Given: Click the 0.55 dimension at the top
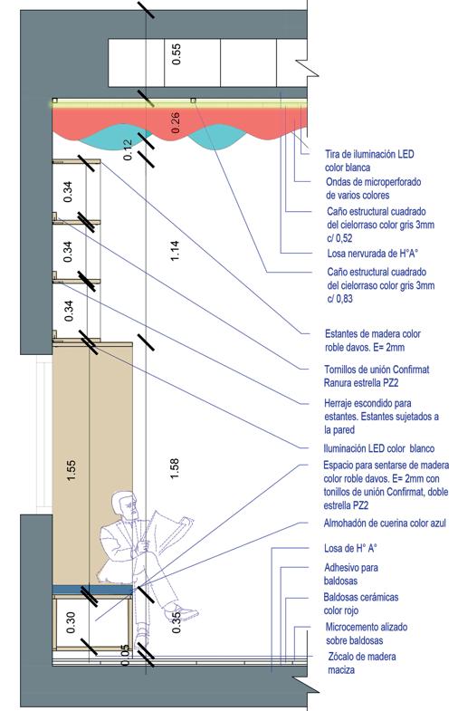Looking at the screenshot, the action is pyautogui.click(x=177, y=53).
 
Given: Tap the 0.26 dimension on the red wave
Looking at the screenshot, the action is pyautogui.click(x=176, y=122).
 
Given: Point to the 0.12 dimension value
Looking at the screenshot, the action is pyautogui.click(x=129, y=149).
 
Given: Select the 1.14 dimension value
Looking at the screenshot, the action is pyautogui.click(x=175, y=250).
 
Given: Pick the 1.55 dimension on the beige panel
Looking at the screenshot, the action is pyautogui.click(x=71, y=470).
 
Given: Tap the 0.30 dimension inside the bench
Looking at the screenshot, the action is pyautogui.click(x=71, y=622).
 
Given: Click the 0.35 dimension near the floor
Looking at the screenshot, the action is pyautogui.click(x=176, y=622).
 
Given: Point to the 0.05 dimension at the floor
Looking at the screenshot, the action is pyautogui.click(x=126, y=655).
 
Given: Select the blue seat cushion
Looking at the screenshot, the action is pyautogui.click(x=92, y=589).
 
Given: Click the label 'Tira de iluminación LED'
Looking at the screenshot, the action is pyautogui.click(x=369, y=154).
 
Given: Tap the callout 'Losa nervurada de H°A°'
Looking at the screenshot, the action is pyautogui.click(x=372, y=253).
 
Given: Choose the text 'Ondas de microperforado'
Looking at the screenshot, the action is pyautogui.click(x=373, y=182).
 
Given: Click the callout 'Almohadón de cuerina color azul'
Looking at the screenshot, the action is pyautogui.click(x=385, y=523).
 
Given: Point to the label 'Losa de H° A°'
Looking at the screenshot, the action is pyautogui.click(x=350, y=548).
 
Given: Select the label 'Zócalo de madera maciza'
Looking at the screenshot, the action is pyautogui.click(x=361, y=663).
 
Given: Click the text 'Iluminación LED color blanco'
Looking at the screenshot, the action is pyautogui.click(x=378, y=448).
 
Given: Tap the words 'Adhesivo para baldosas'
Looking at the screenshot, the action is pyautogui.click(x=350, y=574).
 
